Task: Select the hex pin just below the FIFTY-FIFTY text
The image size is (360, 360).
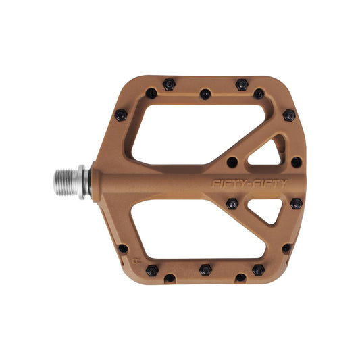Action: [x=232, y=203]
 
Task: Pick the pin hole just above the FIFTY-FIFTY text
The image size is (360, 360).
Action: [x=232, y=162]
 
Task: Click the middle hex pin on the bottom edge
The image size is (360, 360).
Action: [x=205, y=270]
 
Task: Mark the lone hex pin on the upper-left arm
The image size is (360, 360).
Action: [x=122, y=115]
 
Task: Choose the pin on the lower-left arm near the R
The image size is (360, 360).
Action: [x=123, y=249]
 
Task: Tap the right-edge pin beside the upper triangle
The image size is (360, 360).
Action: [x=296, y=162]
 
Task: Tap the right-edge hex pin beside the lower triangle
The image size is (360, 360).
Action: [x=296, y=203]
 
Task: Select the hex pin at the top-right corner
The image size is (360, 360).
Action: [x=288, y=115]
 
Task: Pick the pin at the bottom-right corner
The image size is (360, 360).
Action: [x=286, y=248]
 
